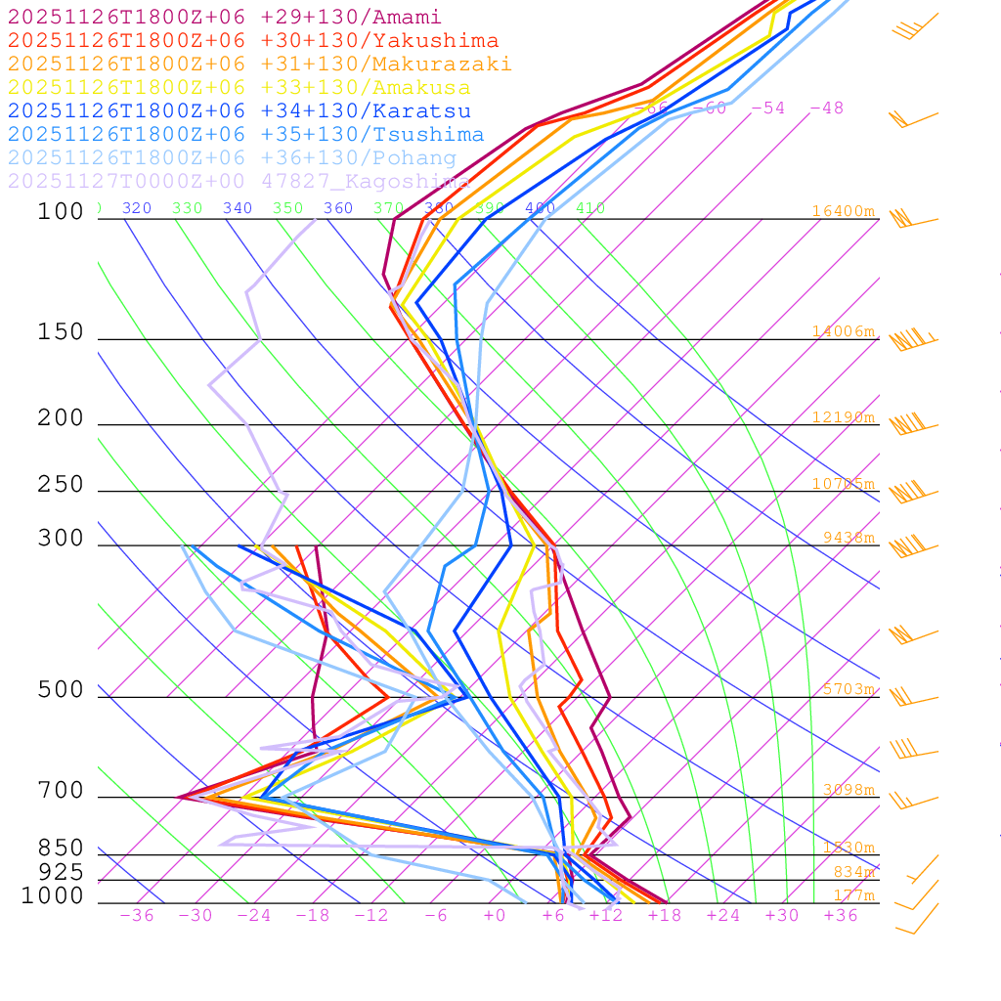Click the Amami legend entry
[x=225, y=17]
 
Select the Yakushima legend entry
[x=253, y=40]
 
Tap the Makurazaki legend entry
[x=260, y=64]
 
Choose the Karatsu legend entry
[x=239, y=110]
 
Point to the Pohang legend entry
[x=233, y=157]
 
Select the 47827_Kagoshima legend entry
[x=239, y=181]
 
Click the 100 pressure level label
[x=61, y=211]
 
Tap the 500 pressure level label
[x=61, y=690]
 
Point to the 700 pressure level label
[x=61, y=791]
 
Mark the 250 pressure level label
[x=61, y=484]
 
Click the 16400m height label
[x=844, y=211]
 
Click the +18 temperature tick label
[x=664, y=915]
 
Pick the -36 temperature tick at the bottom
[x=136, y=915]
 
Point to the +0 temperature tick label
[x=495, y=915]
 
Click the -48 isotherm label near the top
[x=827, y=108]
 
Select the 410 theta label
[x=590, y=208]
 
